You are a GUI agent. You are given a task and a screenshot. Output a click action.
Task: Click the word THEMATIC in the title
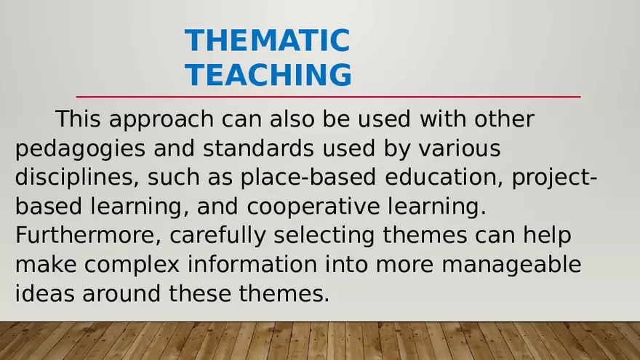pyautogui.click(x=267, y=41)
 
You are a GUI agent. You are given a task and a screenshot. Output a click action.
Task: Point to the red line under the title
pyautogui.click(x=328, y=97)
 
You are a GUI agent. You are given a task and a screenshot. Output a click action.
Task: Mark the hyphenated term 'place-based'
pyautogui.click(x=306, y=179)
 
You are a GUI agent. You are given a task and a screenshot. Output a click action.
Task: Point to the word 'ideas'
pyautogui.click(x=45, y=294)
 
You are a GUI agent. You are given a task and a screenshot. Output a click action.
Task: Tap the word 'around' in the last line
pyautogui.click(x=127, y=294)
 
